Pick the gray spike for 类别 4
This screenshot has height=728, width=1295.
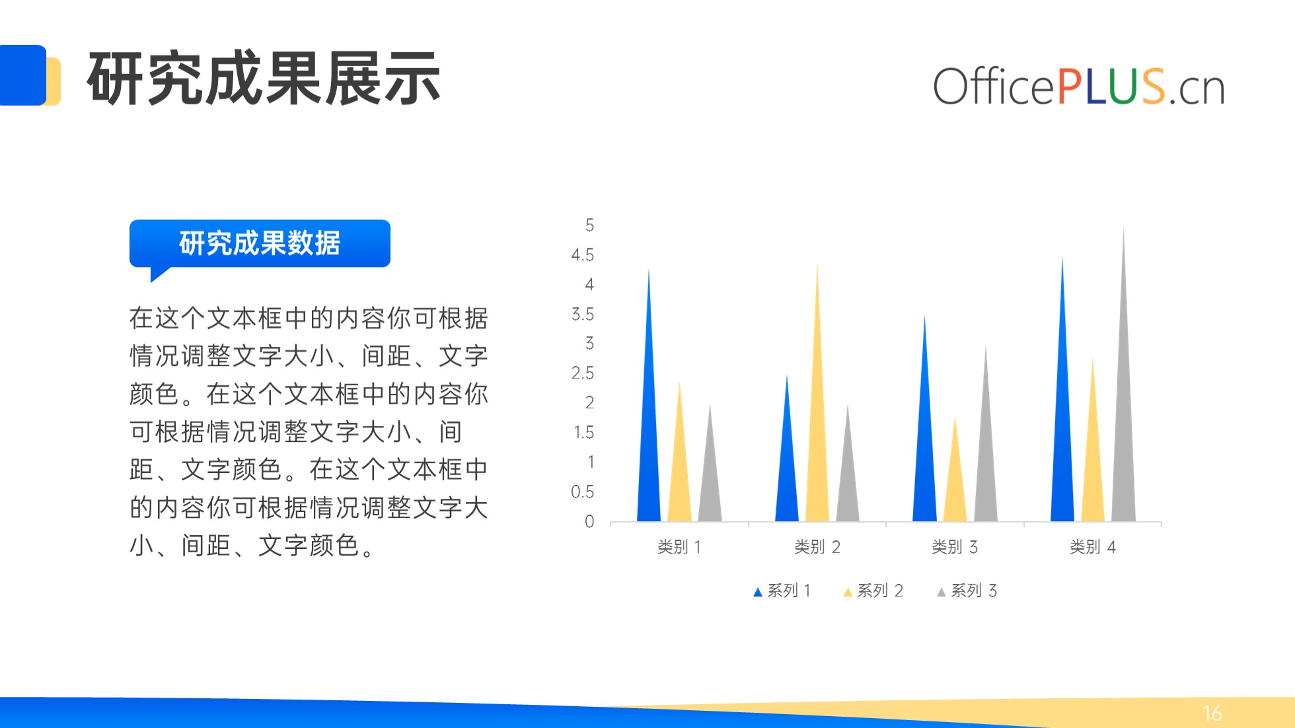coord(1123,410)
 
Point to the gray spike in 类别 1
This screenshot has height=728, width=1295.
coord(710,476)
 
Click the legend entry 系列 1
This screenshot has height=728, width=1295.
coord(782,591)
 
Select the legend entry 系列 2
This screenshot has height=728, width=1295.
coord(873,591)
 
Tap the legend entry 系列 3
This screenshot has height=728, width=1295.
coord(967,591)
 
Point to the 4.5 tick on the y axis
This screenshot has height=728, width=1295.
coord(582,255)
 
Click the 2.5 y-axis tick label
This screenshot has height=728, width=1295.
coord(582,373)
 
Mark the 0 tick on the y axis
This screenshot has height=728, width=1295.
coord(589,522)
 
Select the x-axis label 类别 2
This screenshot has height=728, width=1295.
coord(817,547)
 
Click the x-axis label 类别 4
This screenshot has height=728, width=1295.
coord(1093,547)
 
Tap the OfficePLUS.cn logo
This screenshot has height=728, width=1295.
coord(1078,87)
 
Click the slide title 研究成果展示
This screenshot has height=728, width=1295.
coord(264,78)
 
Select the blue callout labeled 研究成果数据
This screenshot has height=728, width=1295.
coord(260,244)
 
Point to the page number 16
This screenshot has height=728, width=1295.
coord(1212,713)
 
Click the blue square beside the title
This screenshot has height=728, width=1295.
coord(23,75)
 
